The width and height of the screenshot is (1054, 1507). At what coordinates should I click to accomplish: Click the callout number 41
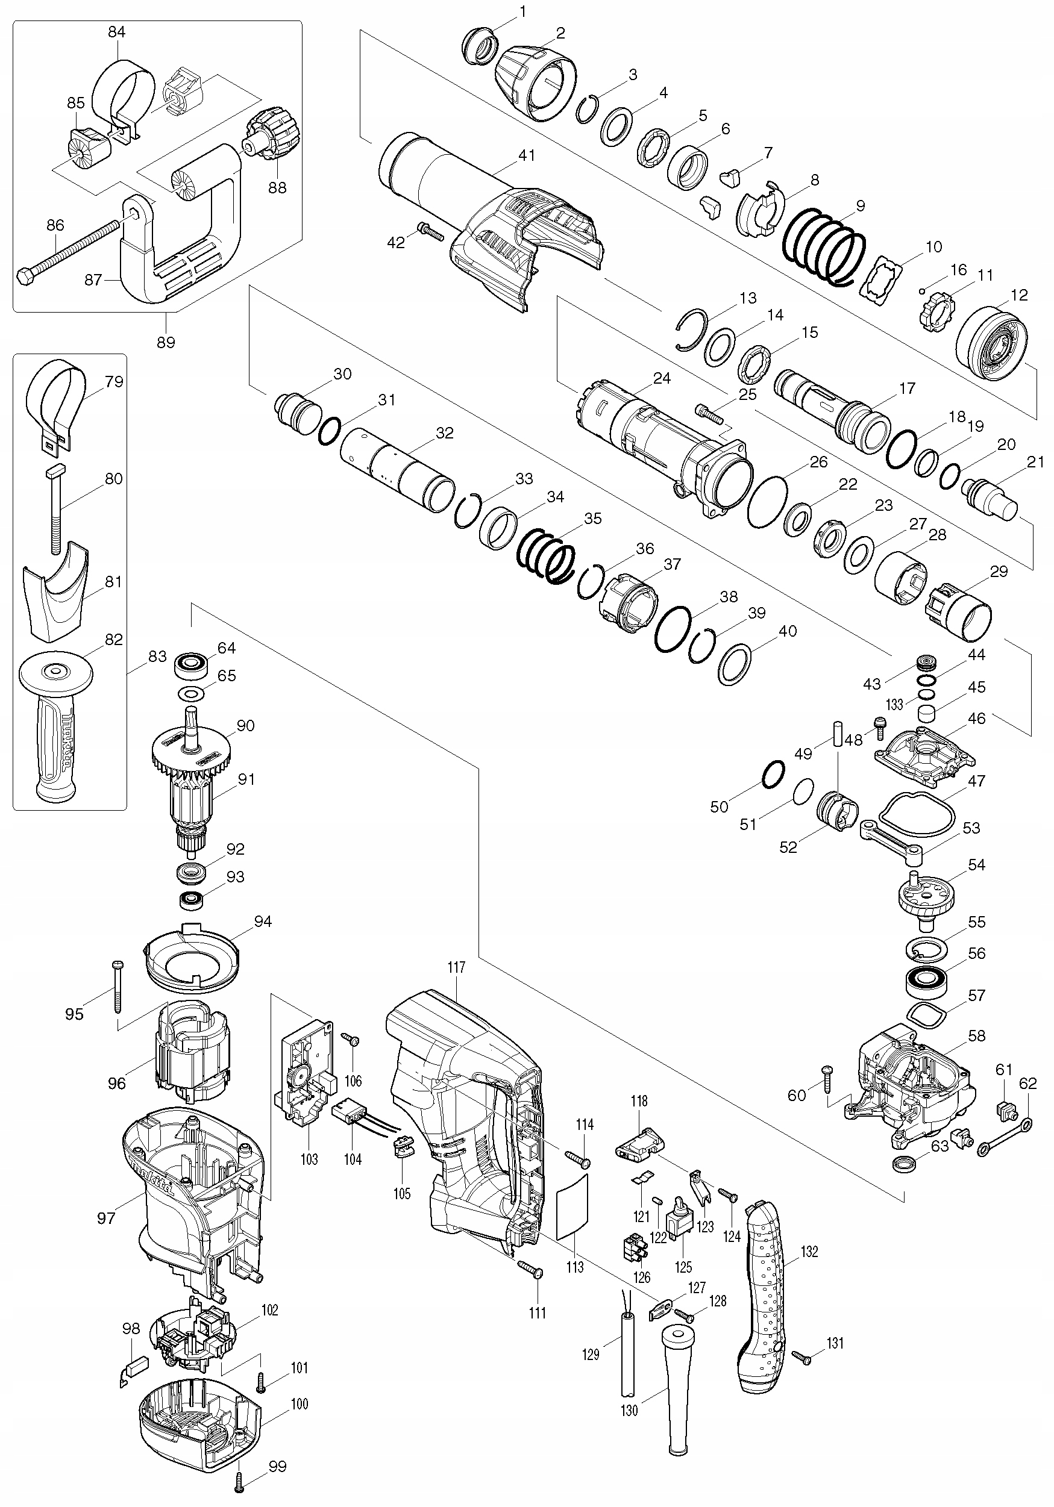click(x=527, y=155)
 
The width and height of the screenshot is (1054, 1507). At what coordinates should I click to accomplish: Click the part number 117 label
click(x=456, y=967)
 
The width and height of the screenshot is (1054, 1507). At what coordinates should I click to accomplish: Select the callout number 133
click(x=894, y=704)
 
